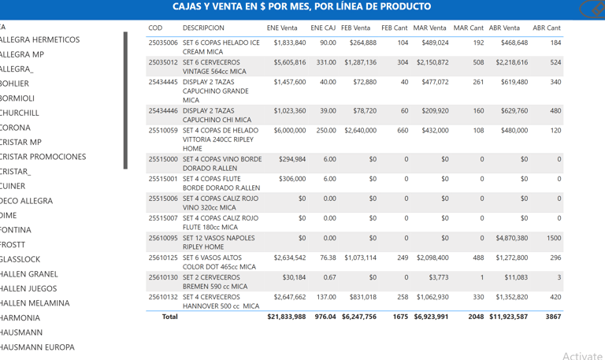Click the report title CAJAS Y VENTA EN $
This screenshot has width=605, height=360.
click(x=302, y=7)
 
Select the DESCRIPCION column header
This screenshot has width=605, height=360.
click(x=203, y=28)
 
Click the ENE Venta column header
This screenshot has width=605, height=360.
click(x=281, y=28)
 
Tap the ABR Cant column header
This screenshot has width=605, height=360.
click(x=547, y=28)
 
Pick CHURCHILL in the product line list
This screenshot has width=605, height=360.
click(x=20, y=113)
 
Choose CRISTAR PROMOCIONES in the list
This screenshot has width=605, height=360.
click(x=43, y=157)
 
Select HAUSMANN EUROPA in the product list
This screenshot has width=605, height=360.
click(x=37, y=347)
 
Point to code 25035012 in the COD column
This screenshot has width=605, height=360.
click(x=163, y=62)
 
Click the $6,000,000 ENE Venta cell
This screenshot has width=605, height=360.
click(x=286, y=131)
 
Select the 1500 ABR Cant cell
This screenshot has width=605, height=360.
click(x=554, y=238)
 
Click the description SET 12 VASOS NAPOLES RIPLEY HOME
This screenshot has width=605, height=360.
click(x=219, y=242)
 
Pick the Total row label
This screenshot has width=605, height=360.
click(x=169, y=317)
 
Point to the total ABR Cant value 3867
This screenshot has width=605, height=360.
click(x=554, y=317)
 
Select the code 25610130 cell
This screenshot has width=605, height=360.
click(x=163, y=277)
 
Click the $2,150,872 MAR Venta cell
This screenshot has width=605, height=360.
click(x=432, y=62)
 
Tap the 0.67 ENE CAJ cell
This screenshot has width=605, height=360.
click(x=328, y=277)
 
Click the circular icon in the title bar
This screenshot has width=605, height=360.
click(x=590, y=9)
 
